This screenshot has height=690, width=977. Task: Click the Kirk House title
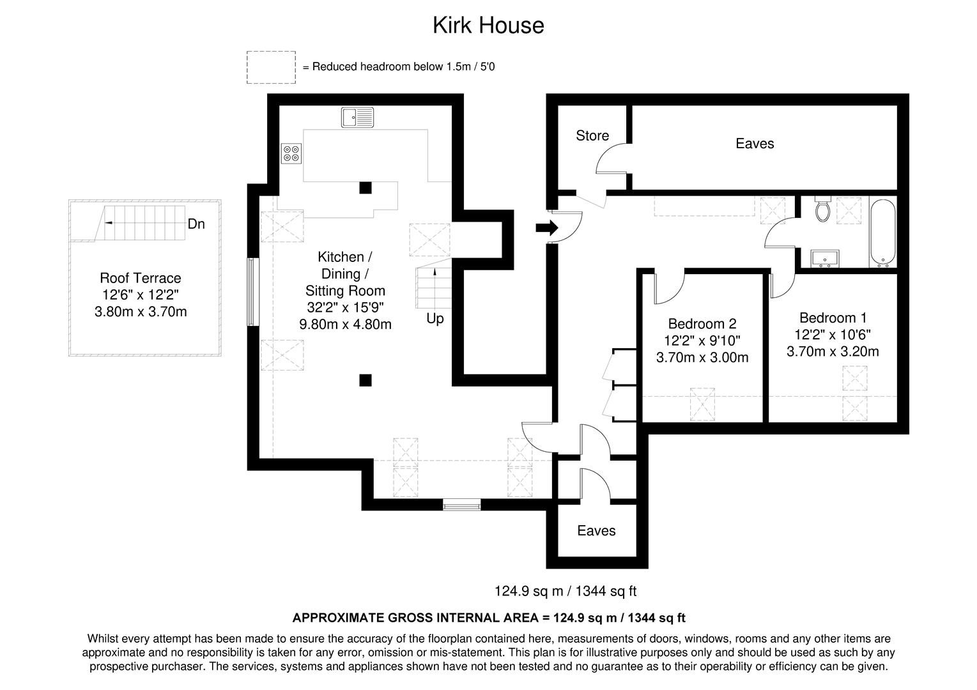coord(488,26)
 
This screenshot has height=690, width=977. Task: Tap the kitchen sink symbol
coord(357,118)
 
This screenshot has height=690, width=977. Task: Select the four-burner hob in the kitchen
coord(291,153)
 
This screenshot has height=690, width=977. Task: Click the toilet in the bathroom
coord(822,209)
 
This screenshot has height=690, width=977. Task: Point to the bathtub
coord(883,233)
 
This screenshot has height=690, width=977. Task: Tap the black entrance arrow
coord(547,227)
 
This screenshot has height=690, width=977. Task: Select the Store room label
coord(592,135)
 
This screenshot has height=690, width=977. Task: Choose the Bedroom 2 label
coord(702,324)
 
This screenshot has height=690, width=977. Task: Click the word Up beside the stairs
coord(435,318)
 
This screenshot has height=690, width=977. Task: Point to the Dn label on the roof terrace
coord(196,224)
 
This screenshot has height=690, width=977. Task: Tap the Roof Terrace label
coord(141,278)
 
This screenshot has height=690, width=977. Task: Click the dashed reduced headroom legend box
coord(271,67)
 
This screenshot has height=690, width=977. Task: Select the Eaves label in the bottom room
coord(596,531)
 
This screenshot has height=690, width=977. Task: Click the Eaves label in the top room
coord(755,144)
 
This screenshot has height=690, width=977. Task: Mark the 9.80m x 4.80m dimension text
coord(345,324)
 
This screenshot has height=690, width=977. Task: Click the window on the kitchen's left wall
coord(253,292)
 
